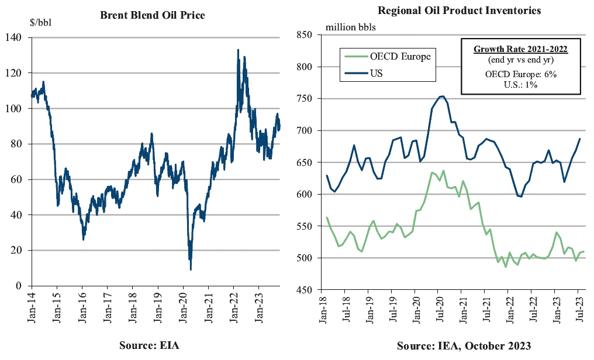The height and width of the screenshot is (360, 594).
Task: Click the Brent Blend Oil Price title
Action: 153,16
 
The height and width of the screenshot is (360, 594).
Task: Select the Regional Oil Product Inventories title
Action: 459,11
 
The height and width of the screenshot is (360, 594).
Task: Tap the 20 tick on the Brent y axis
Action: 16,250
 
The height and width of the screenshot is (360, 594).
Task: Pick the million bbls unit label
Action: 351,27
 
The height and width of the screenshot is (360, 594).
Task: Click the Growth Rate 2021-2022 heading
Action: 520,49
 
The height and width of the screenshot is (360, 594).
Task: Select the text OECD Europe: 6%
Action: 520,75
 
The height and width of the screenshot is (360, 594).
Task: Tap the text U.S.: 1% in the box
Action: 520,85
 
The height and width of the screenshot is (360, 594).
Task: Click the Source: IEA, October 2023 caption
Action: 464,345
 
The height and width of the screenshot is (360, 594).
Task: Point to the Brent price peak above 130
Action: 238,50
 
